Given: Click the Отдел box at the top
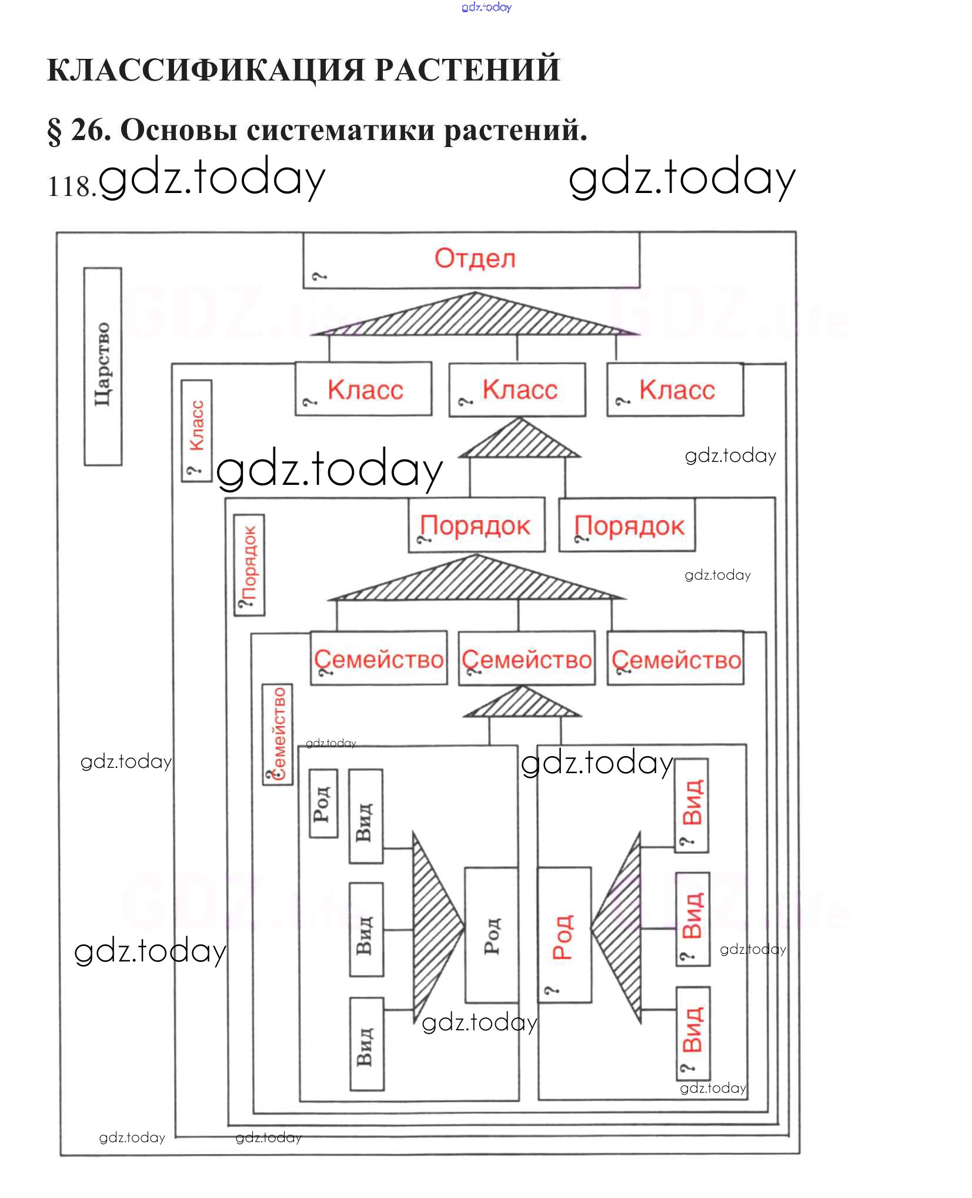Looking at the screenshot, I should (x=471, y=259).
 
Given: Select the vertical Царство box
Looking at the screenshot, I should (x=103, y=366).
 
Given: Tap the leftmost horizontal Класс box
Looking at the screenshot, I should (x=363, y=389).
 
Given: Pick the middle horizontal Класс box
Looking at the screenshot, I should (x=517, y=390).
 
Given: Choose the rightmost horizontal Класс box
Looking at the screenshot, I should (x=675, y=390).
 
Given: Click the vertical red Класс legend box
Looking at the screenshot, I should (x=196, y=430).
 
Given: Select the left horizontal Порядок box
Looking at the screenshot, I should (x=476, y=525).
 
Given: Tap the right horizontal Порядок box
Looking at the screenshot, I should (x=627, y=525).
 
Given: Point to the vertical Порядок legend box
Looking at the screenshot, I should (x=249, y=564).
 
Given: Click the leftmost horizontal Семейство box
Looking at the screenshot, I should (x=379, y=658).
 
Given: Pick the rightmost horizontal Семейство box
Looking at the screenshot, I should (x=676, y=658).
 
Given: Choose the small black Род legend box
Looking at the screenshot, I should (x=323, y=803).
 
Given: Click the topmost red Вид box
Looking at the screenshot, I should (x=692, y=804).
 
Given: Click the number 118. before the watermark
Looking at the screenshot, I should (x=71, y=187).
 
